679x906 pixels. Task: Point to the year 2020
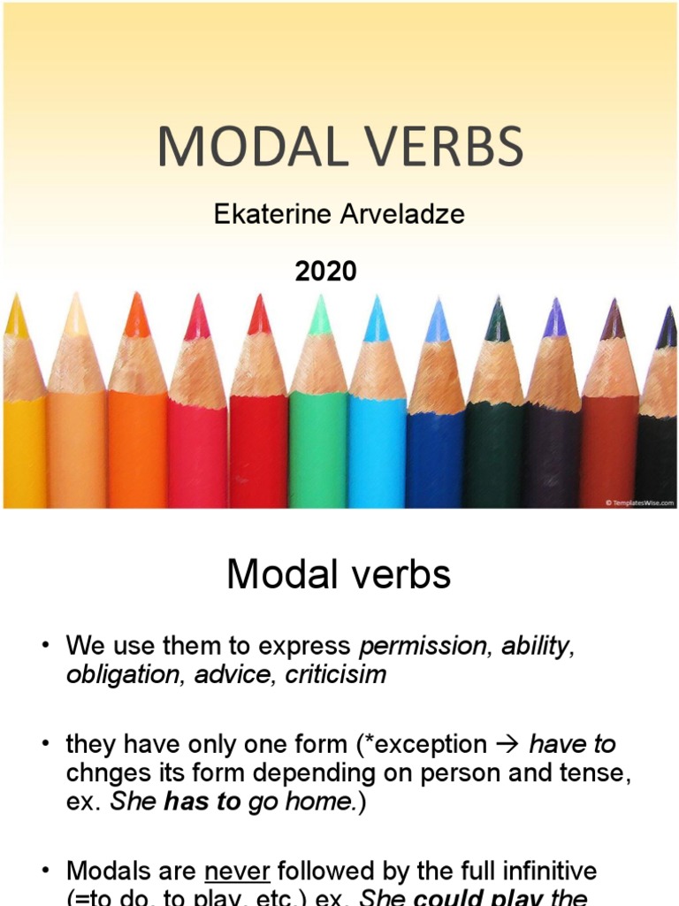point(326,271)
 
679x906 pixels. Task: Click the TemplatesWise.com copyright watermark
point(640,502)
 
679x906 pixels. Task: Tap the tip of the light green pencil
point(320,305)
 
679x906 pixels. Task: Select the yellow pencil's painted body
point(23,451)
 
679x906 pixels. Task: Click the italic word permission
point(423,646)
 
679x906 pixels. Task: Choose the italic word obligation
point(119,674)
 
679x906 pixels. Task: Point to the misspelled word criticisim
point(336,674)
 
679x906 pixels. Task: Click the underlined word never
point(236,872)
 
